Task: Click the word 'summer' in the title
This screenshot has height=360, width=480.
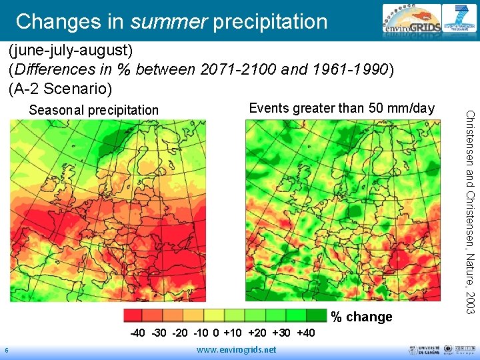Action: (169, 21)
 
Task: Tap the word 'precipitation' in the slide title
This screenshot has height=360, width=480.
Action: (270, 21)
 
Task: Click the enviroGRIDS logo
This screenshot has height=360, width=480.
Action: (409, 21)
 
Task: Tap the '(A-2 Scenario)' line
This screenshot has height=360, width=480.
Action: (61, 87)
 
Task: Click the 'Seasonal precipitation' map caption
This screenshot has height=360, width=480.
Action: (94, 110)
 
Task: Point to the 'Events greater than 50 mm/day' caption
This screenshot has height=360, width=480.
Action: (341, 108)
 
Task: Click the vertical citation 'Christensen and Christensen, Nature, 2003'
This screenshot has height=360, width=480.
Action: (470, 211)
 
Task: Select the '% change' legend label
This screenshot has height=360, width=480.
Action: (362, 317)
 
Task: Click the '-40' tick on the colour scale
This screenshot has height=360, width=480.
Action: (138, 333)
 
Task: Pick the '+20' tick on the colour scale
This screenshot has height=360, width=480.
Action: (257, 333)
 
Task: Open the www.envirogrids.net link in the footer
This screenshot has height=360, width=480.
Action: (237, 350)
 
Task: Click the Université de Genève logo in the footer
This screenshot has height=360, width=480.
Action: (419, 350)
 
